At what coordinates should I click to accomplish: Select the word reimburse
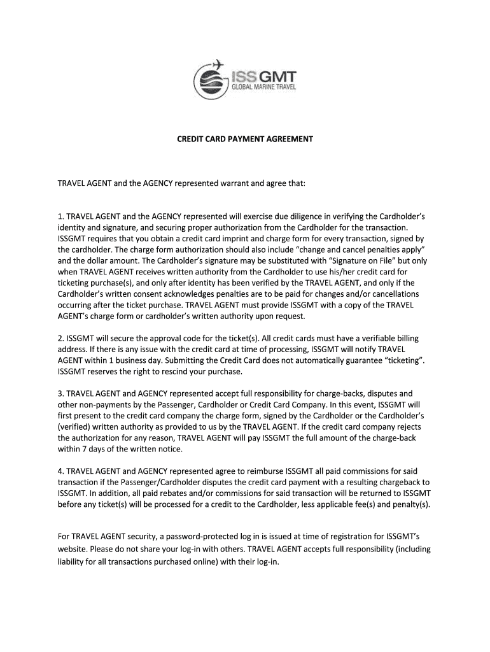[263, 471]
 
